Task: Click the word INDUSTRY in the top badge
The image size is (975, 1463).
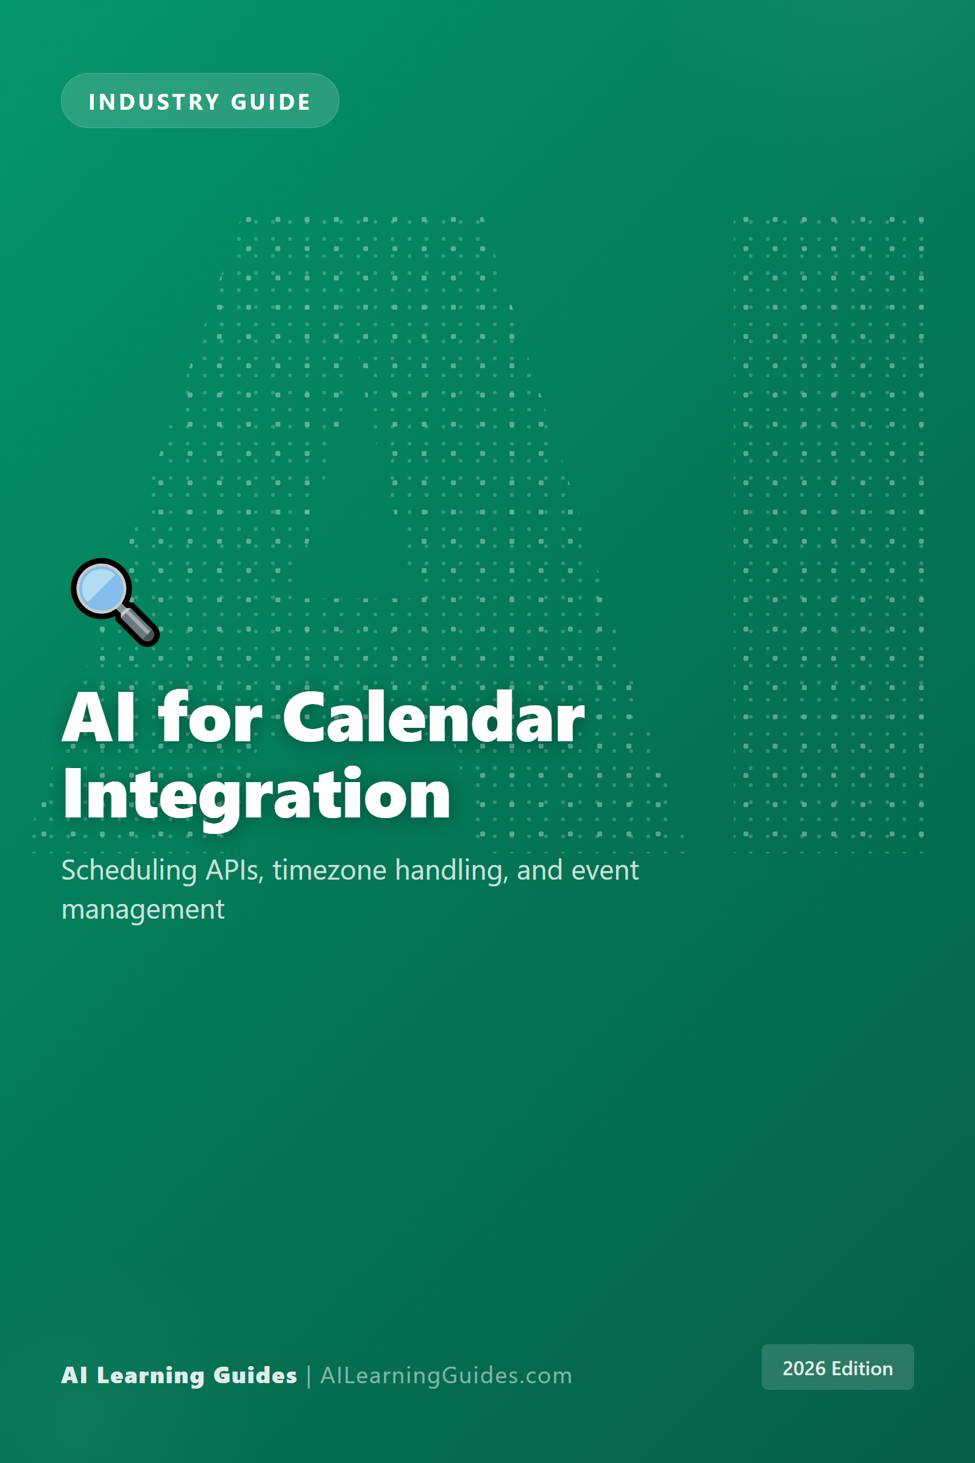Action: [154, 102]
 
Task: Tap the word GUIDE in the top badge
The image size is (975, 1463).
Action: [271, 102]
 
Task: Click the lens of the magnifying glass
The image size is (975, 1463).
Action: [102, 588]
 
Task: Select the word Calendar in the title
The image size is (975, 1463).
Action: [433, 719]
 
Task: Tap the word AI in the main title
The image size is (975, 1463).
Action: [98, 719]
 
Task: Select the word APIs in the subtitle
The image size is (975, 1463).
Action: [235, 870]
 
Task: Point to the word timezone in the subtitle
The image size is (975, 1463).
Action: [330, 870]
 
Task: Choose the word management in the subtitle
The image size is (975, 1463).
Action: [143, 910]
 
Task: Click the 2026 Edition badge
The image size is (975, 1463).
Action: [837, 1367]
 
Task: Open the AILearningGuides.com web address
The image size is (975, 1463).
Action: [446, 1375]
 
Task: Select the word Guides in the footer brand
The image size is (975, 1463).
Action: [255, 1375]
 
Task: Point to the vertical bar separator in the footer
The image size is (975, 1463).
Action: [308, 1376]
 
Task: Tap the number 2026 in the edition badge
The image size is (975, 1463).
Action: [804, 1369]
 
